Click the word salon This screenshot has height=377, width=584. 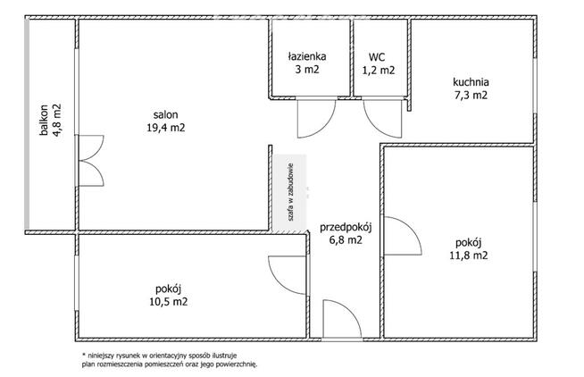[166, 114]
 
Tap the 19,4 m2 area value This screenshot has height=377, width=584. [166, 128]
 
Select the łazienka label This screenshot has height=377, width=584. [307, 56]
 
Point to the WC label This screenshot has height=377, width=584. [377, 57]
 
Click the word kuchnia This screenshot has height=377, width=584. [471, 81]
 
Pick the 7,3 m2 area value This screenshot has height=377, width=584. [471, 95]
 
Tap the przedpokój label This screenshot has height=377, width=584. [346, 227]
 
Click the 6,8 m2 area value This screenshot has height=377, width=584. [346, 240]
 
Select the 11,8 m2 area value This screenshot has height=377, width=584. [469, 256]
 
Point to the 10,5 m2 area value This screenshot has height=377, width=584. [169, 301]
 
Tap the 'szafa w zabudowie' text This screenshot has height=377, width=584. [291, 192]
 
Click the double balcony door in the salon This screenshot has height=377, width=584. [89, 161]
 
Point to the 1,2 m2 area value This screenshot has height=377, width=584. [379, 71]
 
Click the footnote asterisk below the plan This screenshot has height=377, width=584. [84, 355]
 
